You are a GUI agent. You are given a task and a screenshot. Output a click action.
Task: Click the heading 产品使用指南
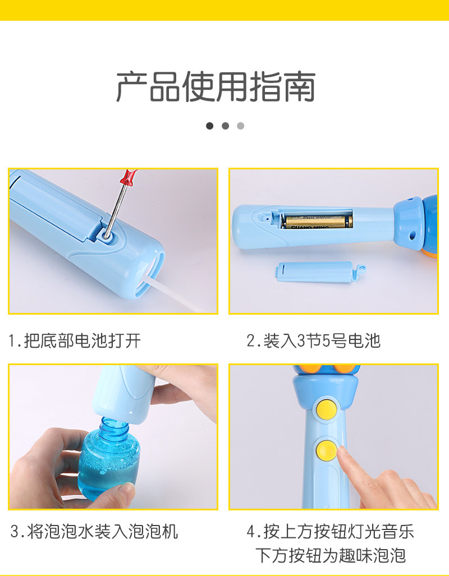tap(216, 87)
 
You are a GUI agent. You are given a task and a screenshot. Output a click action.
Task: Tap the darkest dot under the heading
tap(209, 126)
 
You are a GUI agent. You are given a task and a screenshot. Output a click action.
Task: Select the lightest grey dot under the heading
tap(241, 126)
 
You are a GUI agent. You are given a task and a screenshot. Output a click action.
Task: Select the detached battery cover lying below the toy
tap(320, 272)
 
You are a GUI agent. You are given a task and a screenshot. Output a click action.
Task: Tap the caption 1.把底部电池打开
tap(75, 340)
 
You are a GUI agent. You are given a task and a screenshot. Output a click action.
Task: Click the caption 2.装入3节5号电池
tap(313, 340)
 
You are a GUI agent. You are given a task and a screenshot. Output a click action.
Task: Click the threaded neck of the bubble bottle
tap(113, 427)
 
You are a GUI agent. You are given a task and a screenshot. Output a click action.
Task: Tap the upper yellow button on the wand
tap(327, 409)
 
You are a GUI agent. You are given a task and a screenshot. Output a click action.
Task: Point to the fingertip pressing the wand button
tap(343, 453)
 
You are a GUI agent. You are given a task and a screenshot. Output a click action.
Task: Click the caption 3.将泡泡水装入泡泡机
tap(94, 532)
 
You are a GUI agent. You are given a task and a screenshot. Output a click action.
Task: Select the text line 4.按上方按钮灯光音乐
tap(330, 532)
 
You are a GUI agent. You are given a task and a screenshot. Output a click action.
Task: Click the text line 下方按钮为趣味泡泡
tap(331, 555)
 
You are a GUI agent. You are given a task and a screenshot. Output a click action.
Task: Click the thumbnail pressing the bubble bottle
tap(127, 488)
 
